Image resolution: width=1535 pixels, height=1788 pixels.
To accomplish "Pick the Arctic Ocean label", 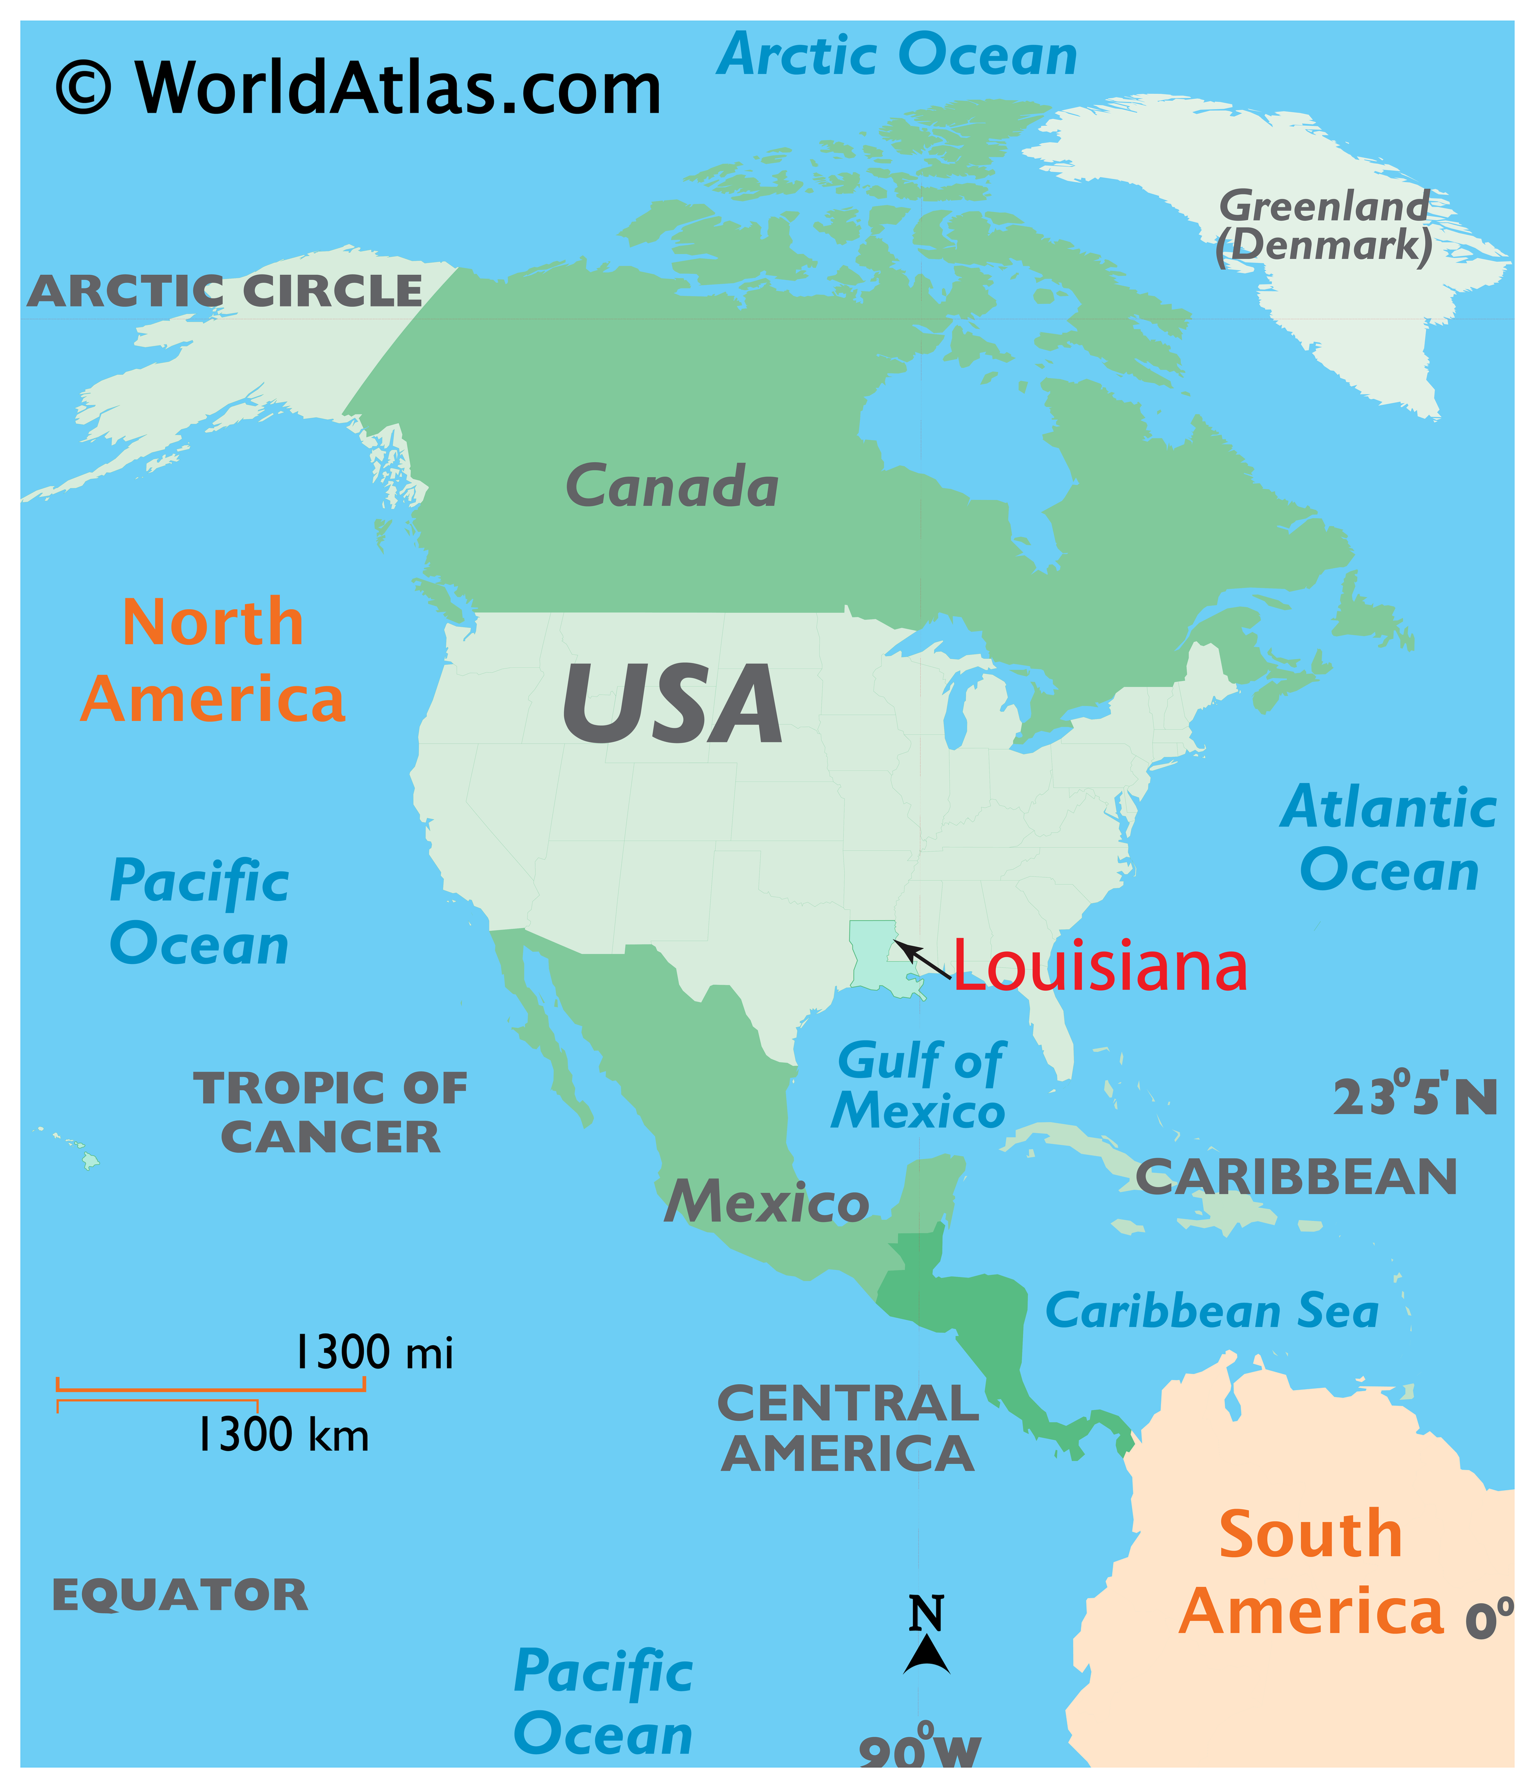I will [897, 55].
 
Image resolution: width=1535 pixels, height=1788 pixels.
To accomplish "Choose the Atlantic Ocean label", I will [1389, 839].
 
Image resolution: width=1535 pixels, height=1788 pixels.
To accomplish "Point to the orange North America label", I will [213, 660].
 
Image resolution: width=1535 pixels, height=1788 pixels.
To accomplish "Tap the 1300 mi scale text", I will [374, 1352].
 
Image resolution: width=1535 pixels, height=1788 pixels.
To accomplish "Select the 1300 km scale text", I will [283, 1436].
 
